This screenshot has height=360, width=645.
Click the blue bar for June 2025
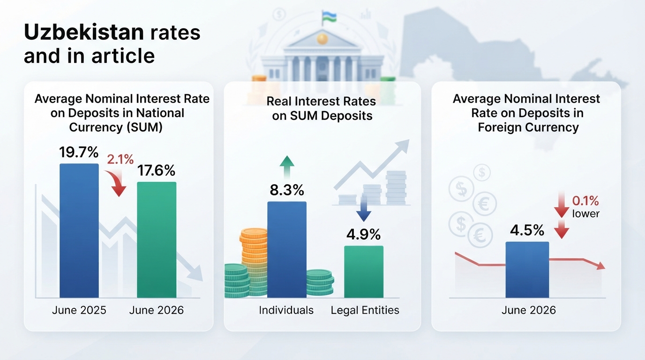[79, 231]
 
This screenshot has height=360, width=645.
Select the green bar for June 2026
[157, 240]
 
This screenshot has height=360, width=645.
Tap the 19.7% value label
[79, 152]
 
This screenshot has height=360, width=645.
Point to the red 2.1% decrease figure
[120, 159]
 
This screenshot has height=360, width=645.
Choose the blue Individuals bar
[287, 249]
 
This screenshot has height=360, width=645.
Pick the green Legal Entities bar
[364, 271]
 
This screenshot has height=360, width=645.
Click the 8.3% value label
[287, 190]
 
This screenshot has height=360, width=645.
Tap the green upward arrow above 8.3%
[287, 167]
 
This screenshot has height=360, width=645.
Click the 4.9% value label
[363, 234]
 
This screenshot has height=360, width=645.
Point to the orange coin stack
[254, 254]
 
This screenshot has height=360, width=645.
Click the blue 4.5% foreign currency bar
[527, 270]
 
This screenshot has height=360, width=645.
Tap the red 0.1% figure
[585, 201]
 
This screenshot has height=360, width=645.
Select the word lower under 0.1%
[585, 214]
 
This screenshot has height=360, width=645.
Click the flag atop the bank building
[329, 17]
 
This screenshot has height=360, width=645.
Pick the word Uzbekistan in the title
[84, 32]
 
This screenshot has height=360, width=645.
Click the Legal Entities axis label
[365, 310]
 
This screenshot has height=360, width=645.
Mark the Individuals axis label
[286, 310]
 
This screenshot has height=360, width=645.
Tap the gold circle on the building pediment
[322, 38]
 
